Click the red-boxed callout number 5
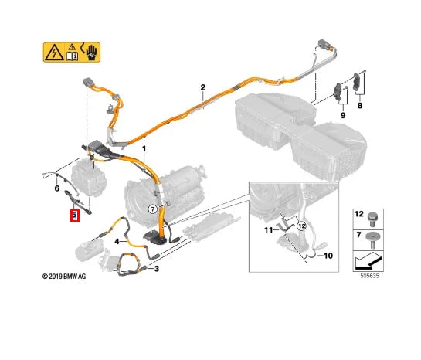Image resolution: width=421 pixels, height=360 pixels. pyautogui.click(x=75, y=216)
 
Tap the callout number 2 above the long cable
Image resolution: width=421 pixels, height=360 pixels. pyautogui.click(x=202, y=88)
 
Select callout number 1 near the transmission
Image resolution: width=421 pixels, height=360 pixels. pyautogui.click(x=142, y=148)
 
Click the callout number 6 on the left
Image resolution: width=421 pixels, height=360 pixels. pyautogui.click(x=56, y=188)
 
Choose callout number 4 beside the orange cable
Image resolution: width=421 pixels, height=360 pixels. pyautogui.click(x=117, y=242)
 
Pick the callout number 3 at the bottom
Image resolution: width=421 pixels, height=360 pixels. pyautogui.click(x=157, y=269)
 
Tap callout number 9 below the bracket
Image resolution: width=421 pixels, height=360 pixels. pyautogui.click(x=341, y=116)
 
